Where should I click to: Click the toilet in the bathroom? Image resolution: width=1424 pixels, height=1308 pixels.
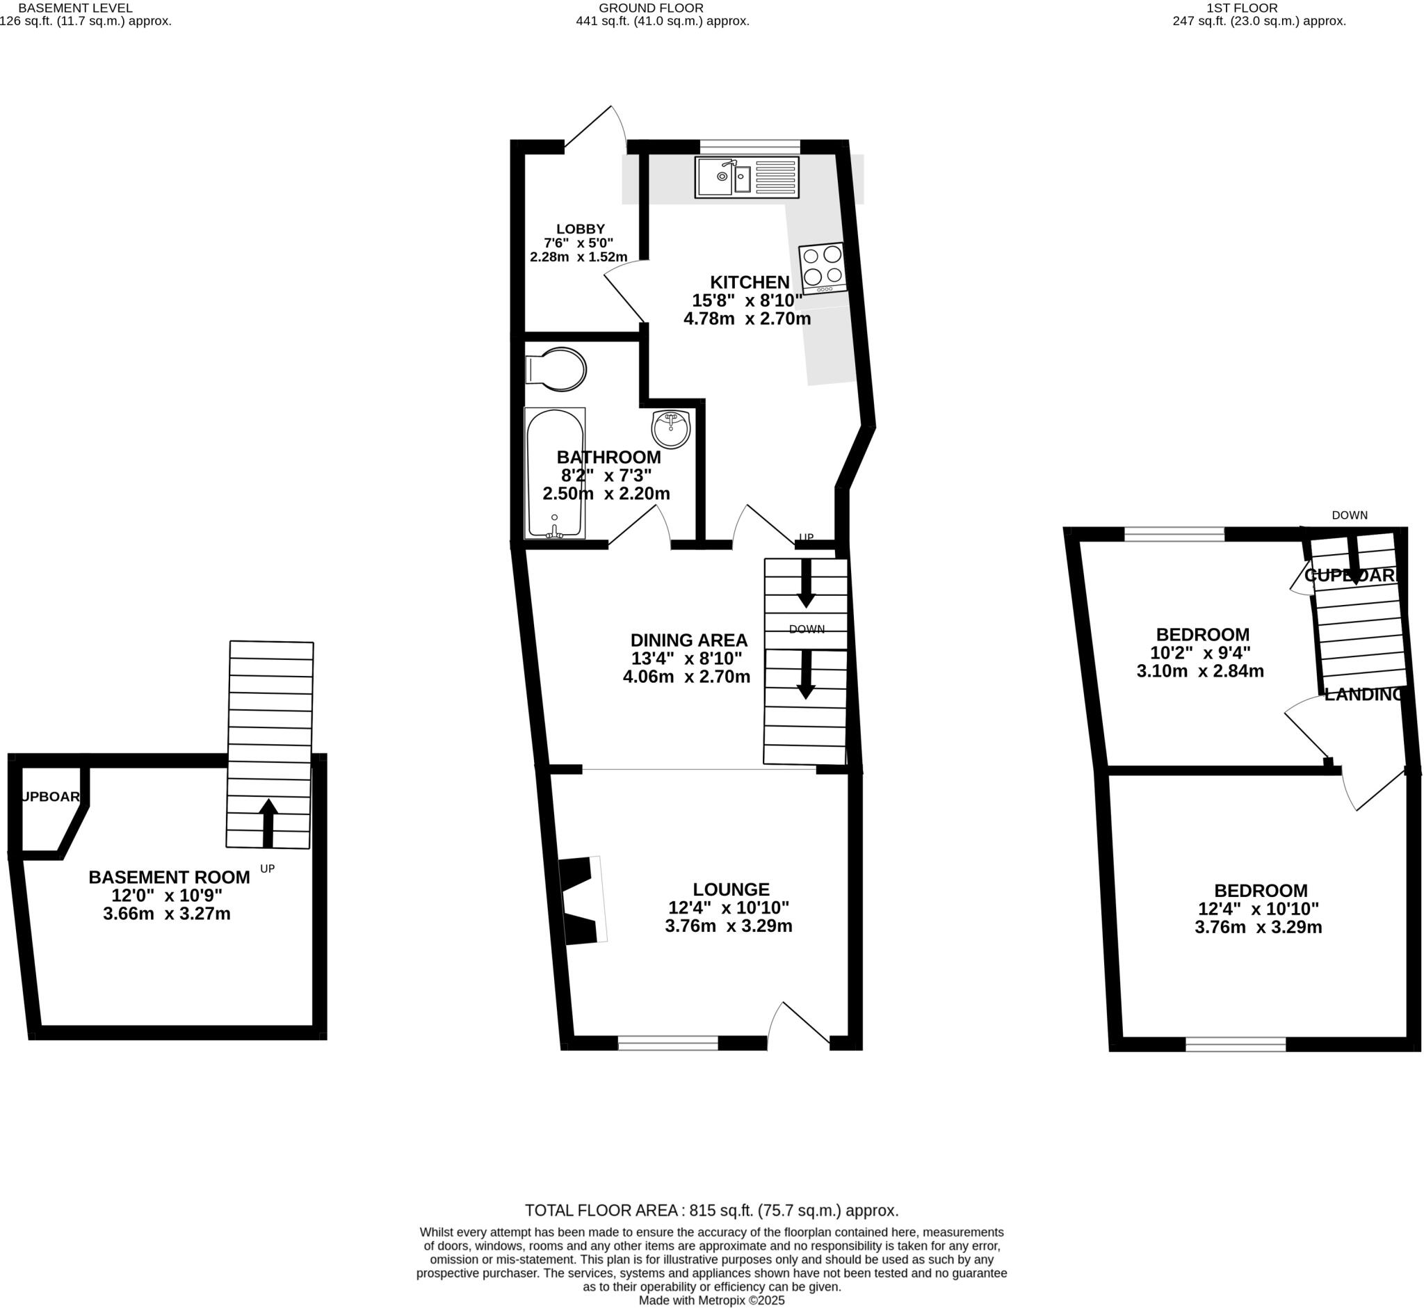557,369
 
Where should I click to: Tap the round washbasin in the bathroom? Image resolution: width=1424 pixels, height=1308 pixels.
670,429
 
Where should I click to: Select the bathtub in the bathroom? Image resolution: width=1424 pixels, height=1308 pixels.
555,473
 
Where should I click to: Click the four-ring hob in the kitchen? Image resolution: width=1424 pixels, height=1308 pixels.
823,268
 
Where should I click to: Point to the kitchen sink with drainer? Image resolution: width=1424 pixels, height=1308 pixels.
747,177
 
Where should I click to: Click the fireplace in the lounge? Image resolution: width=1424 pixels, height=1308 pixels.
579,900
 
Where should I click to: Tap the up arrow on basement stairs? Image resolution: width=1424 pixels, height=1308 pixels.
268,823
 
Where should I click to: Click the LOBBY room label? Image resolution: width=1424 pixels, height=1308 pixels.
581,229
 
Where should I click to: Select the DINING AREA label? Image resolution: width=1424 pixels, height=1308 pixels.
688,640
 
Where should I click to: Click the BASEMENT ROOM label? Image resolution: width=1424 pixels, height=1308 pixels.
169,877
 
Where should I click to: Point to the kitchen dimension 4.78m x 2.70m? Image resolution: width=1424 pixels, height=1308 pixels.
747,318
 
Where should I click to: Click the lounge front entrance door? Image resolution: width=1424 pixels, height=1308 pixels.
800,1025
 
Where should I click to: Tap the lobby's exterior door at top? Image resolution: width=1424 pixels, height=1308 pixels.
594,127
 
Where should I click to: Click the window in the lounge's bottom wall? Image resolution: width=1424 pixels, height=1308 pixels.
667,1042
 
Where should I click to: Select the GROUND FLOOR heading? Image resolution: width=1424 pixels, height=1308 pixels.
650,8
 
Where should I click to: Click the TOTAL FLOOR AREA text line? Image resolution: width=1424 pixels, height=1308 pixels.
711,1210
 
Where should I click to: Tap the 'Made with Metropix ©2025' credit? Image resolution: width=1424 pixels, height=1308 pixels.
711,1300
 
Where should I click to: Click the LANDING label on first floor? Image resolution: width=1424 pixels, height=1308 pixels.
1363,695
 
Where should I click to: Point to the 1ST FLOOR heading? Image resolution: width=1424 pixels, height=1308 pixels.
1252,8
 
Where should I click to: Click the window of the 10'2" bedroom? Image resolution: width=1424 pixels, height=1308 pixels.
1174,534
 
